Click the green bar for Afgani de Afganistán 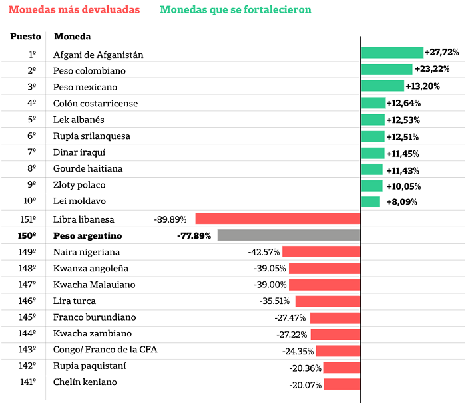click(x=392, y=53)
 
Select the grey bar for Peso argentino click(x=288, y=235)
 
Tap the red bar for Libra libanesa click(x=278, y=219)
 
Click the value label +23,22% click(x=432, y=69)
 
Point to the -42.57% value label click(x=264, y=252)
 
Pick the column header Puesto click(x=25, y=36)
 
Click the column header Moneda click(x=72, y=36)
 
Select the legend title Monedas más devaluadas click(x=75, y=9)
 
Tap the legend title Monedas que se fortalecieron click(x=236, y=9)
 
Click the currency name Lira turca click(x=75, y=301)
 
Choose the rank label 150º click(x=27, y=236)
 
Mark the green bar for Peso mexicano click(x=383, y=86)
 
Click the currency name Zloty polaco click(x=79, y=185)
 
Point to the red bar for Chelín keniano click(x=342, y=384)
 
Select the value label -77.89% click(x=194, y=236)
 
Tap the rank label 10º click(x=30, y=201)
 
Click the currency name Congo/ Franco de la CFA click(x=105, y=350)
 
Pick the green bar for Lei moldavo click(x=371, y=202)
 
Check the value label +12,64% click(x=403, y=103)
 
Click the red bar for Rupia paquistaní click(x=342, y=367)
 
